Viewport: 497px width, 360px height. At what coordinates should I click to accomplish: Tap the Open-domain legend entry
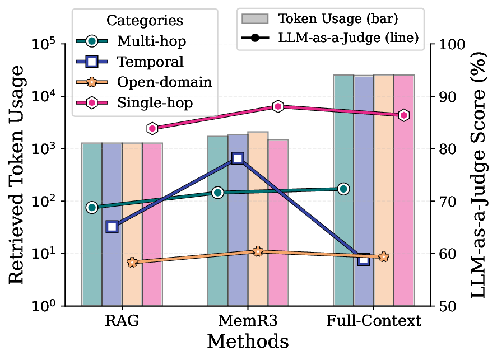click(x=164, y=82)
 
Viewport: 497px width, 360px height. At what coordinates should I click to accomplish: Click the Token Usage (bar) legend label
click(x=335, y=19)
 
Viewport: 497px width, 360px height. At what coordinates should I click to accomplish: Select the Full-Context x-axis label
click(x=374, y=322)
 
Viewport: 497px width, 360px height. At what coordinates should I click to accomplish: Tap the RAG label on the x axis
click(x=122, y=322)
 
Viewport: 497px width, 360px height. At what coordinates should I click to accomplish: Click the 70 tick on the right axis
click(x=446, y=202)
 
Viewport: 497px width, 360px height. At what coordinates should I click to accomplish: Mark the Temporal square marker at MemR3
click(x=238, y=158)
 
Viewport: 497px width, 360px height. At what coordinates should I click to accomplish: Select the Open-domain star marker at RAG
click(x=132, y=262)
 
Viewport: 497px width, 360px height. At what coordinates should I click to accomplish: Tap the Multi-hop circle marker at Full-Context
click(x=343, y=189)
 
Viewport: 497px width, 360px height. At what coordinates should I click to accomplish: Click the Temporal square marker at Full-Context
click(x=364, y=260)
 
